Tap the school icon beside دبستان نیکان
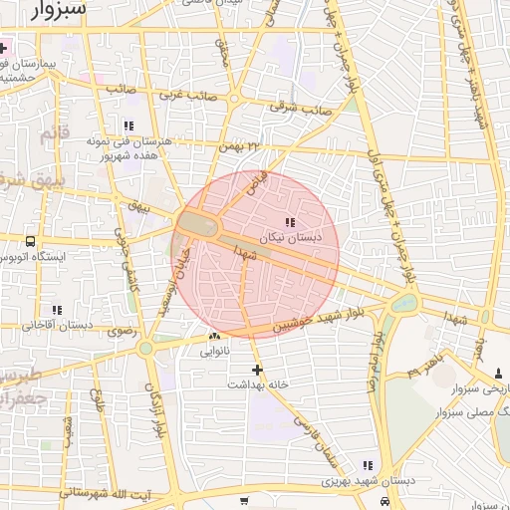coord(290,222)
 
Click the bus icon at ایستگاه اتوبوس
coord(31,240)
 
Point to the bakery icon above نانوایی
coord(214,337)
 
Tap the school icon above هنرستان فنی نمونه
coord(128,126)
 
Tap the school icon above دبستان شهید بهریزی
coord(368,465)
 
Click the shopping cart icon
coord(245,500)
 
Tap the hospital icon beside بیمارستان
coord(5,48)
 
